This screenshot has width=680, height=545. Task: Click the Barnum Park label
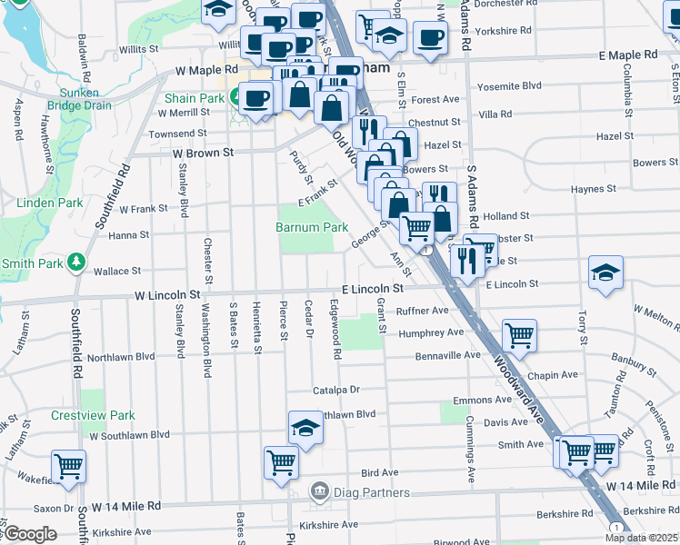click(x=312, y=227)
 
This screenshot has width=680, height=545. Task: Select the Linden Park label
click(x=37, y=203)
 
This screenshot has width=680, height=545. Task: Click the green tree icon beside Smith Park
click(x=77, y=264)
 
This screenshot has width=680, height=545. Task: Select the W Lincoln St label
click(x=167, y=295)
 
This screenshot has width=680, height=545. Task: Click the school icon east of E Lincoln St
click(x=605, y=272)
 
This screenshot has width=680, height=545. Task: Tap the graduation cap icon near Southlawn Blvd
click(x=306, y=427)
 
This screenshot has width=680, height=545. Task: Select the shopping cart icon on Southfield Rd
click(x=69, y=466)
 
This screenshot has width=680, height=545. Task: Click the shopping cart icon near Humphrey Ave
click(x=519, y=335)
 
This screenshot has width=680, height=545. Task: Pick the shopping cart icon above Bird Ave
click(x=281, y=461)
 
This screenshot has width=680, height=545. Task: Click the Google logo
click(x=30, y=534)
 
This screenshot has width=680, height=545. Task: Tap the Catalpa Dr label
click(x=336, y=390)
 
